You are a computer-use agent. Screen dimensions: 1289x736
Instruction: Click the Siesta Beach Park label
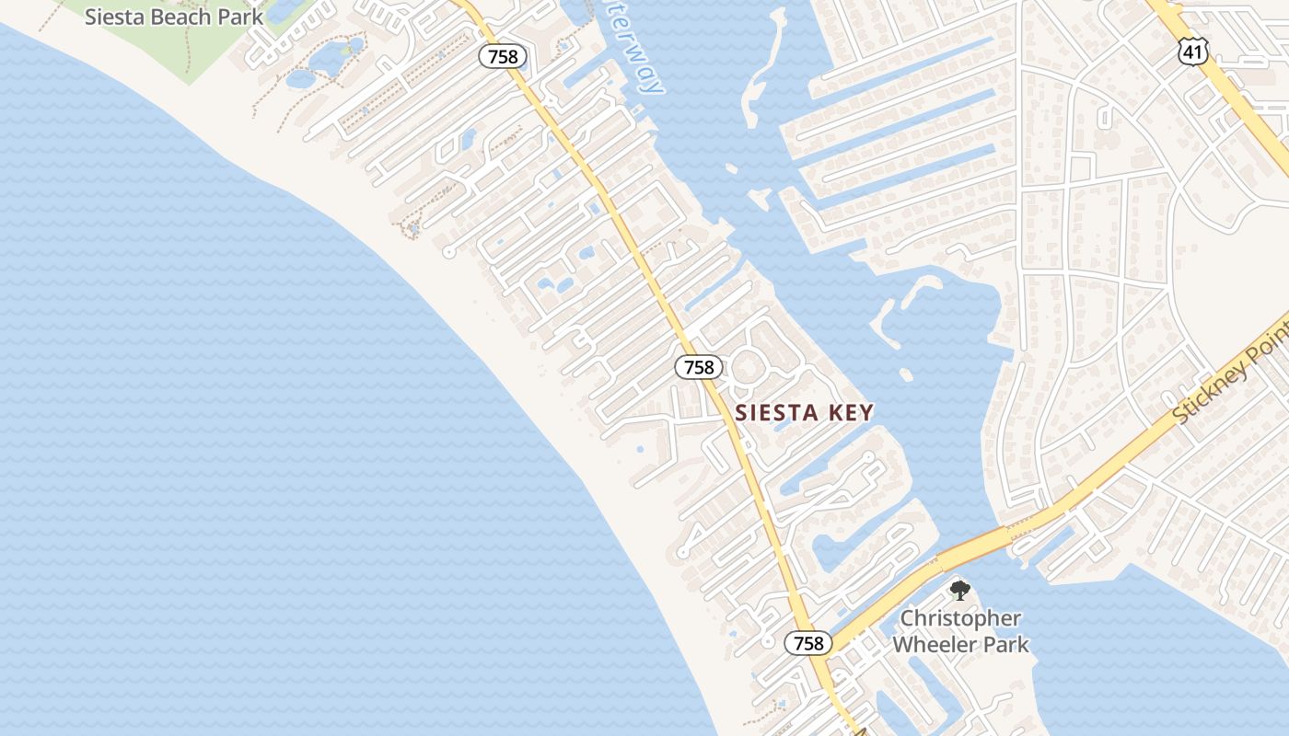174,17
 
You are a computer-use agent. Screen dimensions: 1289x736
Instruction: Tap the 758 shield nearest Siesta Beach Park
503,57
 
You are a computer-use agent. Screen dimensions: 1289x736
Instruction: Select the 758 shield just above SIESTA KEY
699,367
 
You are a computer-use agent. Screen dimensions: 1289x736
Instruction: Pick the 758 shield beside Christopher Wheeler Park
808,643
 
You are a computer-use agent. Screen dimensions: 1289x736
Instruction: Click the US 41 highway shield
1192,52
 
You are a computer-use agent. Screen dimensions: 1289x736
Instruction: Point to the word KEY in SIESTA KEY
850,412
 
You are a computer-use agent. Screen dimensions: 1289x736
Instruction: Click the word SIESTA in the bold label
779,412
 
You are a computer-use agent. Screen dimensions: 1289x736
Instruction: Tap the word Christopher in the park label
960,618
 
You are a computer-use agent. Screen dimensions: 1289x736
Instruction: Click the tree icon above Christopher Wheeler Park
960,590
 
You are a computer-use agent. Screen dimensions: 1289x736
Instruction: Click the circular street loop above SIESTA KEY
748,370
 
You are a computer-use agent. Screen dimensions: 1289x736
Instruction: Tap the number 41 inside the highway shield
1192,52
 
